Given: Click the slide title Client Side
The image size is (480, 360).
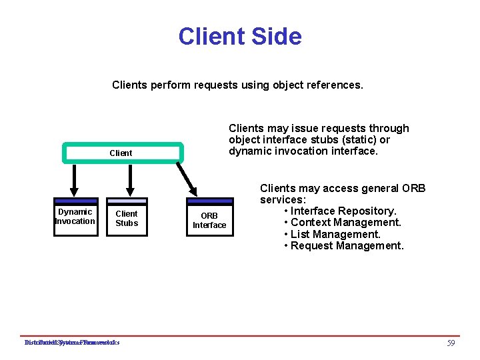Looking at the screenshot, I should click(239, 36).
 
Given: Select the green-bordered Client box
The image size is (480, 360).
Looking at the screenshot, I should click(121, 153).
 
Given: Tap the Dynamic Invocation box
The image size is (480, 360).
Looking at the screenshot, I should click(75, 217).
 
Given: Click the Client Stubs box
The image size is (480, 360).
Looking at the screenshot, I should click(127, 217).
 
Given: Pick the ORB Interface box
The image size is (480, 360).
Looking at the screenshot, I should click(209, 219).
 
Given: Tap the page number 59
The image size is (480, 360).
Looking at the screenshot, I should click(451, 343).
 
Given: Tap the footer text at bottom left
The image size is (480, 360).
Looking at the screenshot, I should click(72, 343).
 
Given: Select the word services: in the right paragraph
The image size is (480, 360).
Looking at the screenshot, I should click(282, 200).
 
